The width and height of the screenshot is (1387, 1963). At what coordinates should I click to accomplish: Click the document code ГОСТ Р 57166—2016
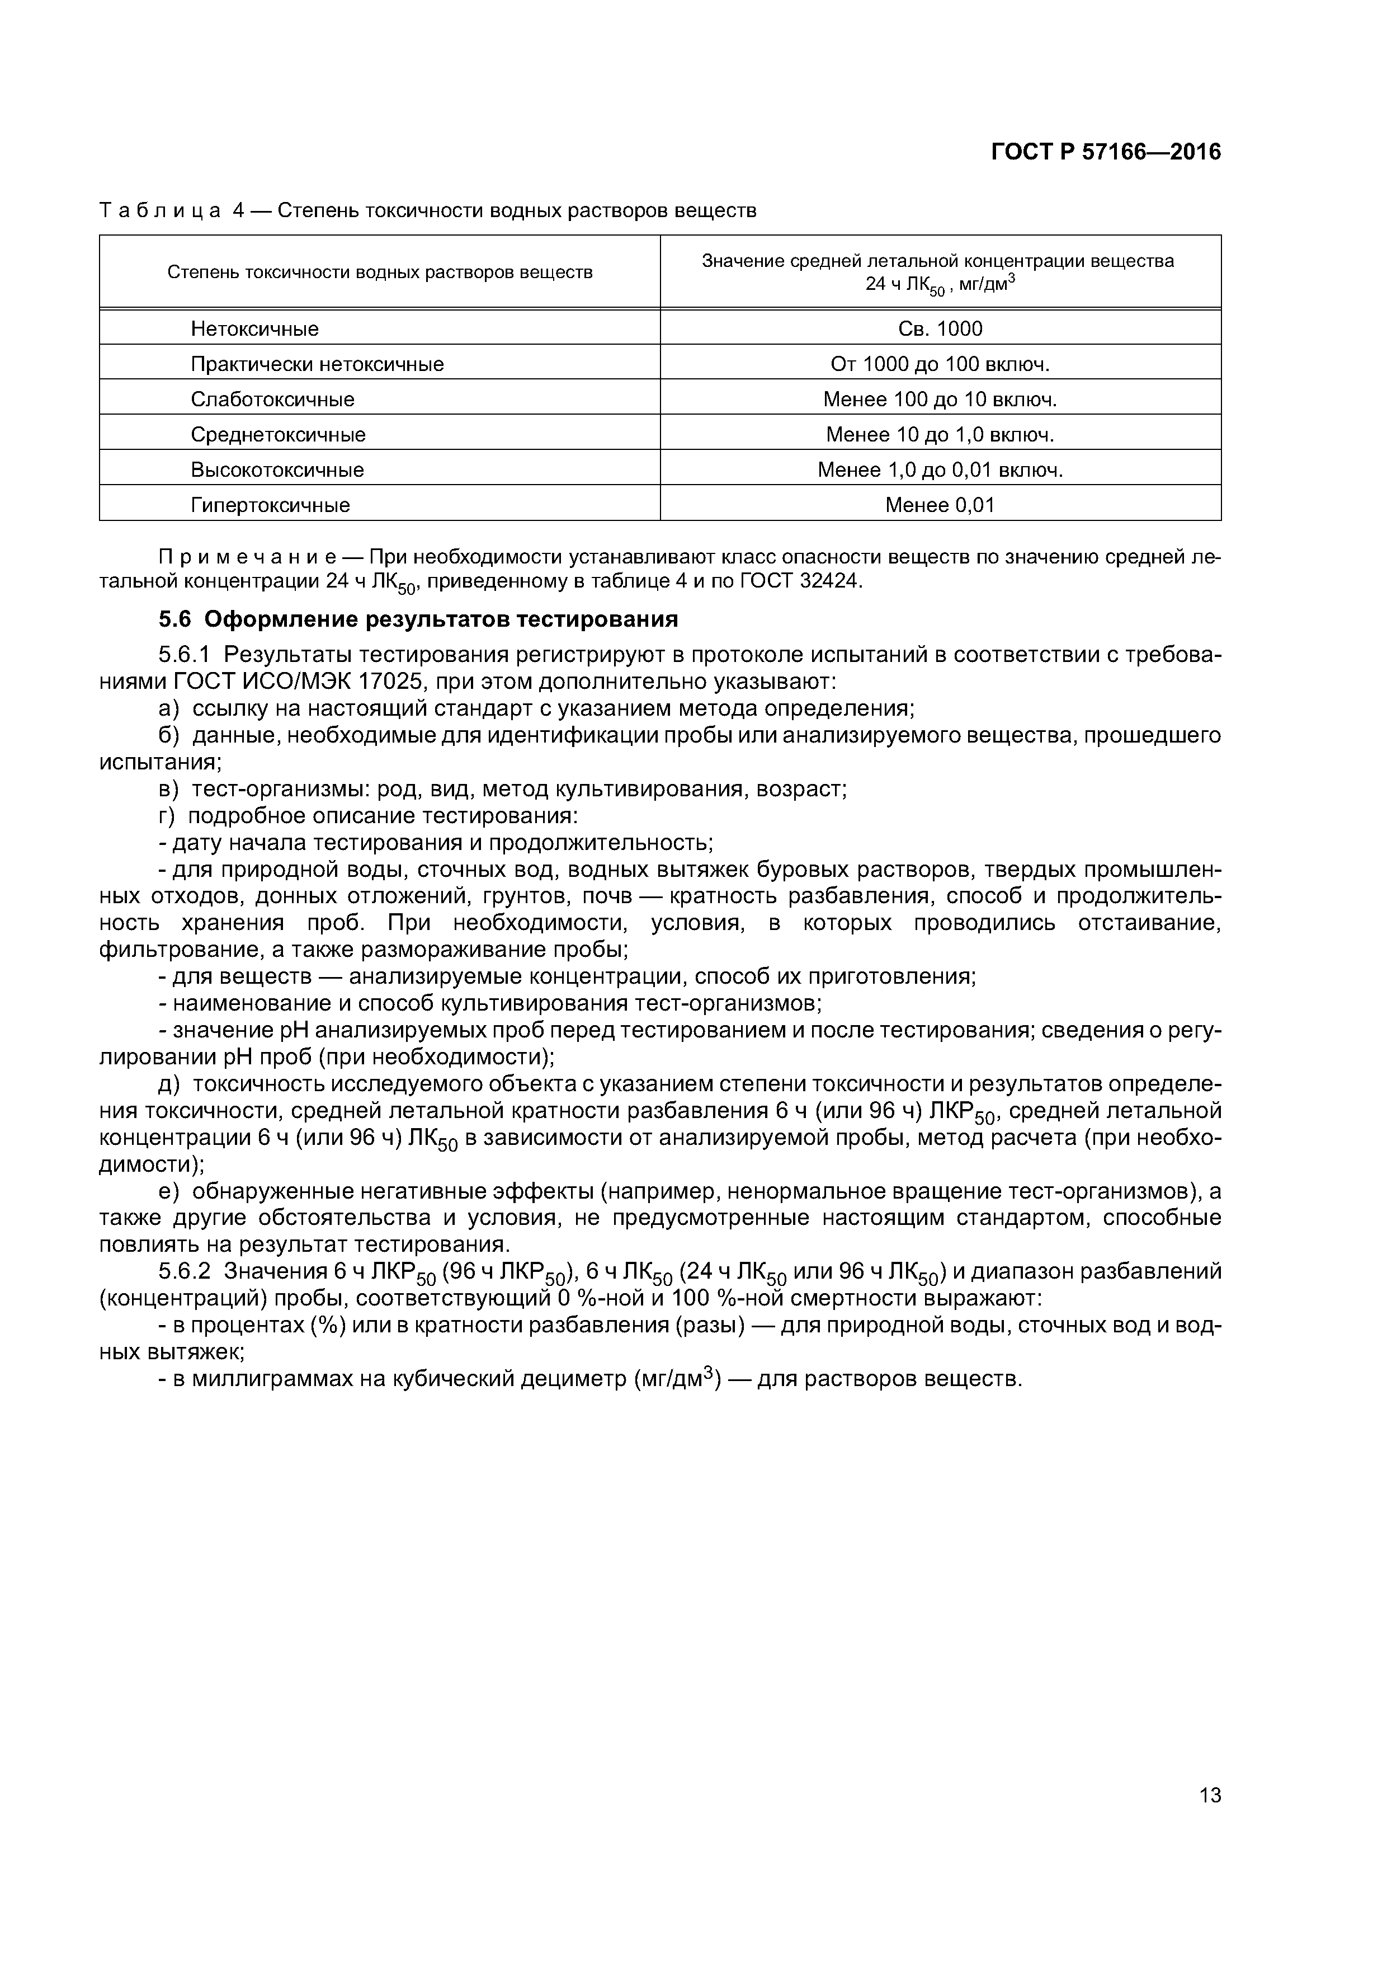1105,152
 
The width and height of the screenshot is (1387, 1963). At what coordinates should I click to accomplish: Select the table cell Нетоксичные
254,328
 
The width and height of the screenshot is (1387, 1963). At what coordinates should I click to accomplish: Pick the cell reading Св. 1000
940,328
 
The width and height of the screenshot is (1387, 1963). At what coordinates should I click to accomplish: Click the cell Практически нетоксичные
317,364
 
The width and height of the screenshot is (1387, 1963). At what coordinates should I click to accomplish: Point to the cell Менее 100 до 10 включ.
940,400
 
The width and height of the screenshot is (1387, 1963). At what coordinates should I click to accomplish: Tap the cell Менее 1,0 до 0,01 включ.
940,469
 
